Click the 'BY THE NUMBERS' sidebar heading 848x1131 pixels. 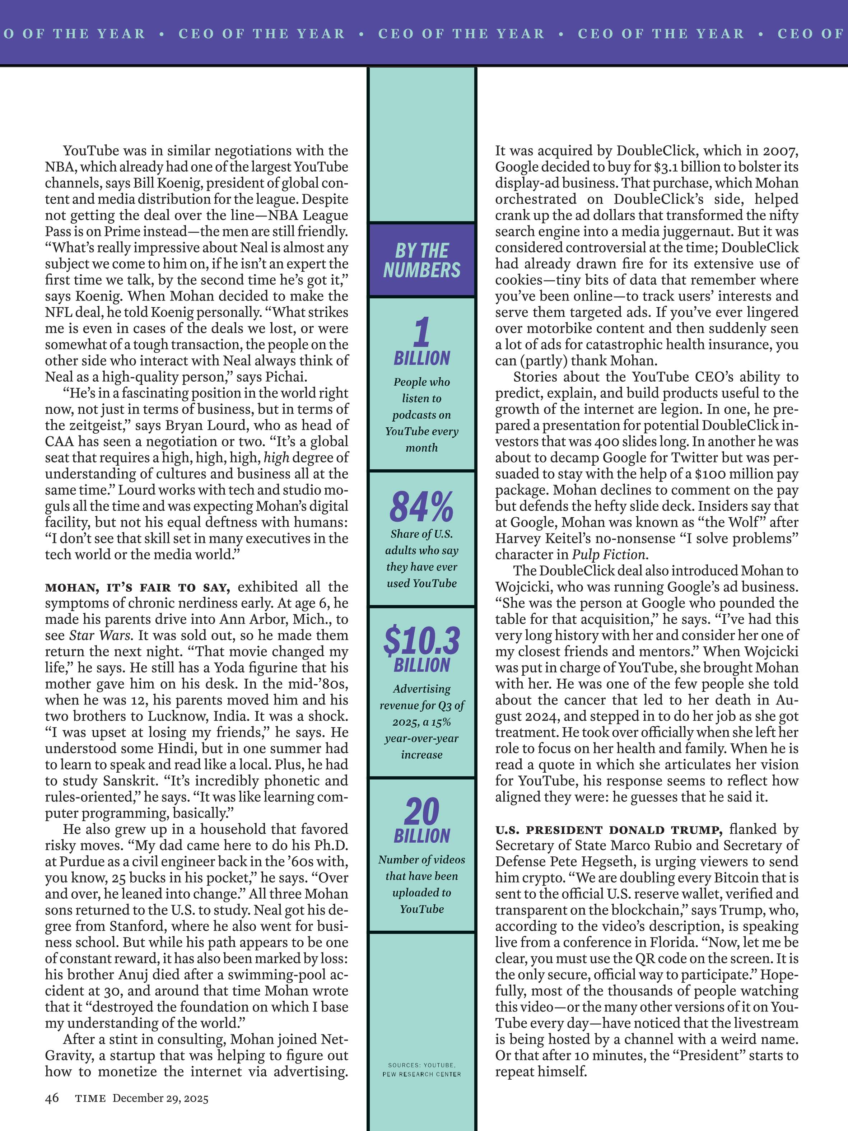[422, 260]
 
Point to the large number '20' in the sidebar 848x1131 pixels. [422, 812]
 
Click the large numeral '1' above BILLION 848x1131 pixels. [422, 332]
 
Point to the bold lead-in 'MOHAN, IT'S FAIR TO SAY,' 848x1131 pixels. [138, 587]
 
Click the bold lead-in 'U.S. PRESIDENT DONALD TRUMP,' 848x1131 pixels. [608, 830]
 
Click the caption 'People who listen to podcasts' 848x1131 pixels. [422, 414]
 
